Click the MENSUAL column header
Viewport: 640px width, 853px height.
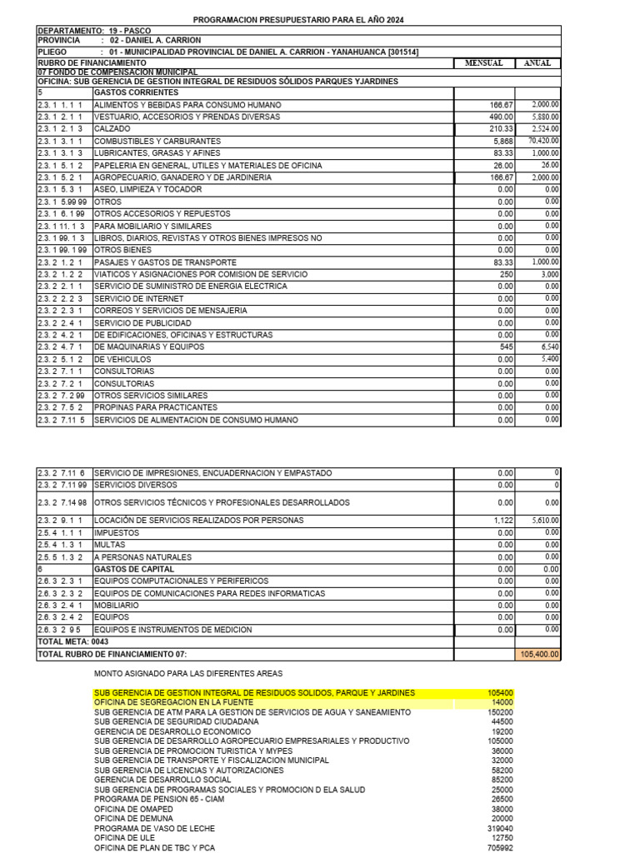[483, 63]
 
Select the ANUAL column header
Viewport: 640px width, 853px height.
[537, 63]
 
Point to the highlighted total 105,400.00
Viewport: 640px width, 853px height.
[539, 655]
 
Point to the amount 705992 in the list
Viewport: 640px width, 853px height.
[499, 849]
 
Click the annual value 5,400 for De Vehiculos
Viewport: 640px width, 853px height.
[549, 359]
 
